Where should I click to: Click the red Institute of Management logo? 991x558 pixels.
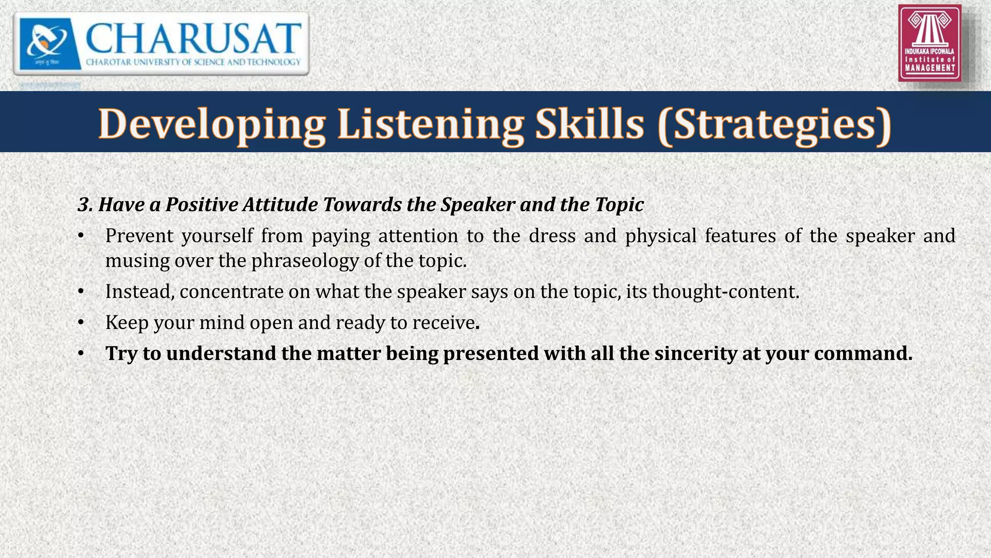pos(930,43)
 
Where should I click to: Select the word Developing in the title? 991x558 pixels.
pos(211,124)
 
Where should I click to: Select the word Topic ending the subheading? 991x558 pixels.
pos(619,205)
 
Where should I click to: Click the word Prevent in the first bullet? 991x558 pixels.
pos(139,236)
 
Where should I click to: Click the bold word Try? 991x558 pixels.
pos(121,354)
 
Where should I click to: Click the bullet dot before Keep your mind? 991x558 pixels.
pos(81,323)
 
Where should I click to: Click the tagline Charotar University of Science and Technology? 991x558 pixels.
pos(193,62)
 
